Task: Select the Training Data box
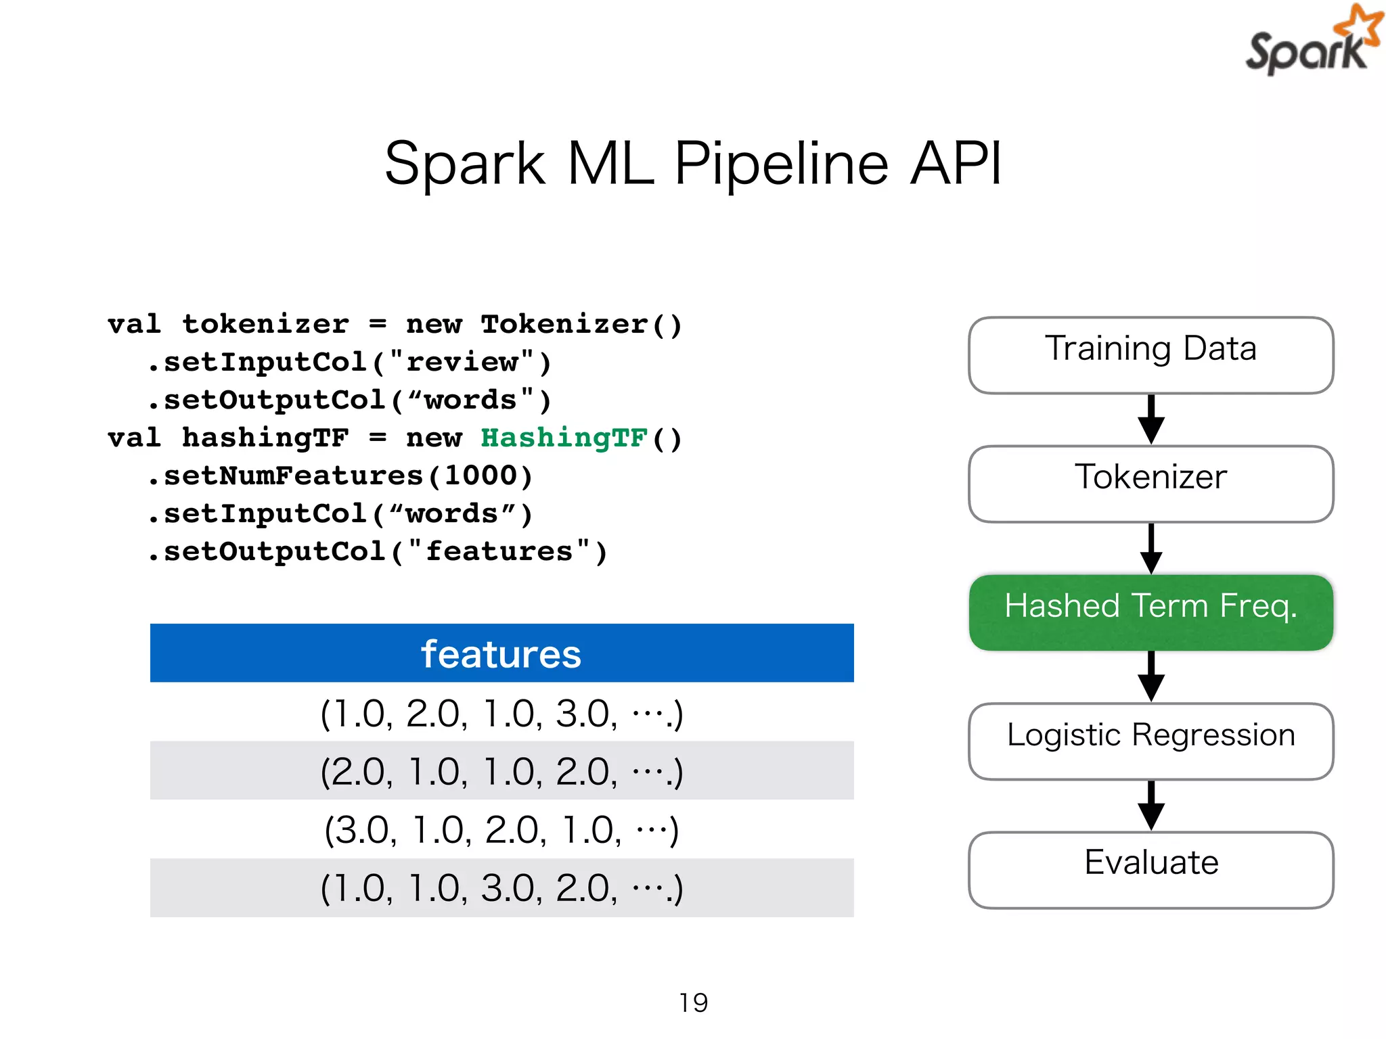point(1150,354)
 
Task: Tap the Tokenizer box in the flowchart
point(1150,483)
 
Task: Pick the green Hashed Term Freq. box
point(1150,611)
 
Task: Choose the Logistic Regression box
point(1150,740)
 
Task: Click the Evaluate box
point(1150,869)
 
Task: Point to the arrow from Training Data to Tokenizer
point(1150,419)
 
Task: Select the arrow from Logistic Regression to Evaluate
point(1150,805)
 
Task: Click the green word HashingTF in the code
point(564,438)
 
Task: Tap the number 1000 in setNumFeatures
point(480,476)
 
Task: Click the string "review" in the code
point(463,362)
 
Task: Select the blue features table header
point(501,653)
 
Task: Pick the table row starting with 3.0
point(501,829)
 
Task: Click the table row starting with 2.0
point(501,770)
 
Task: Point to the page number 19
point(693,1002)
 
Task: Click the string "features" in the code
point(499,551)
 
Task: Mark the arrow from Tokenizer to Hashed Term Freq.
point(1150,548)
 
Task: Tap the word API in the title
point(956,164)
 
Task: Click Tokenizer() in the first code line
point(581,324)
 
